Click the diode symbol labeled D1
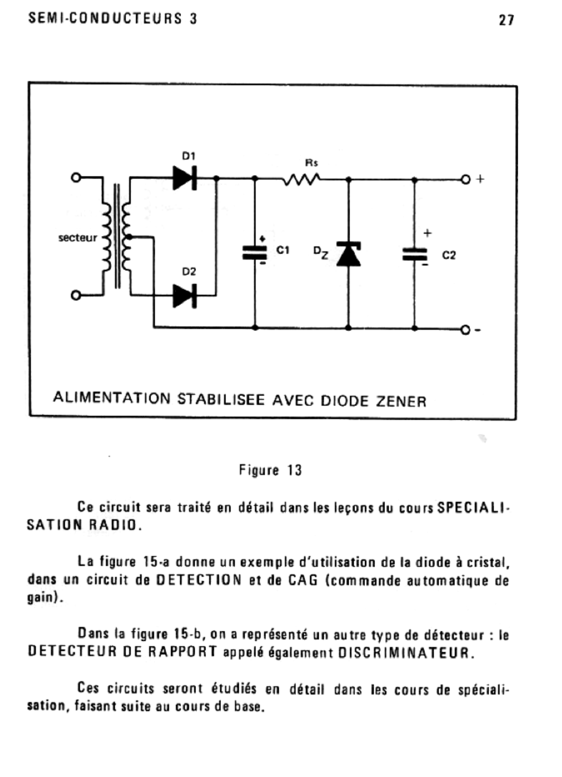click(x=185, y=178)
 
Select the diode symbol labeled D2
click(x=185, y=296)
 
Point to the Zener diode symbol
click(x=349, y=254)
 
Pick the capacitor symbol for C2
click(x=414, y=254)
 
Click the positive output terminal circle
click(x=466, y=180)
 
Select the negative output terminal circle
click(x=466, y=330)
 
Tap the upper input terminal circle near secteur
click(x=76, y=177)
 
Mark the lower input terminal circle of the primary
click(x=76, y=295)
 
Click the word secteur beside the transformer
click(x=78, y=238)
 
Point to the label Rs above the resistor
click(x=312, y=163)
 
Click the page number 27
click(x=506, y=20)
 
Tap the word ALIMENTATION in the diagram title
click(x=112, y=398)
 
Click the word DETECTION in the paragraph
click(x=199, y=580)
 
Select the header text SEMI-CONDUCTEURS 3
click(x=113, y=18)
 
